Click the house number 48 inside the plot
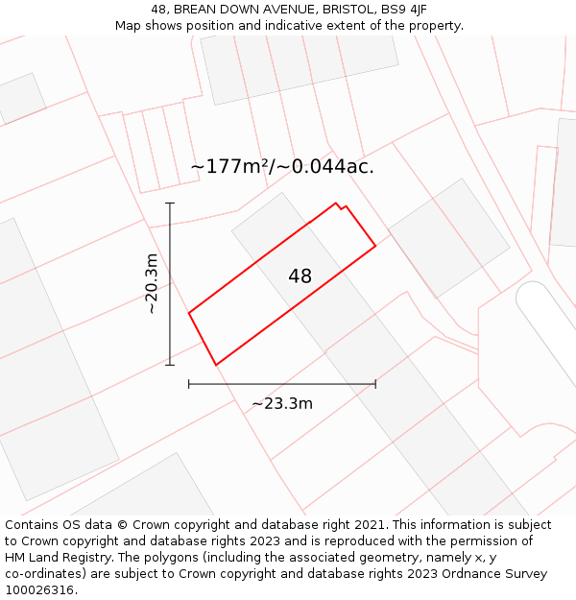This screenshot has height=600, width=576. point(300,276)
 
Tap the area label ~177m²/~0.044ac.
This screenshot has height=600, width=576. point(281,166)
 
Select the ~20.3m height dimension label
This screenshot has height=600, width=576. point(151,283)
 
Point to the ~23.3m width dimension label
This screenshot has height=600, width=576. point(282,403)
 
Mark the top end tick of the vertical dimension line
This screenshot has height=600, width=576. point(170,204)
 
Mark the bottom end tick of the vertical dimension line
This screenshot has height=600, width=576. point(170,365)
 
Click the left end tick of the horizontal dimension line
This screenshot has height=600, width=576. point(189,384)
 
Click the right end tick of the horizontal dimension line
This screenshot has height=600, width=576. point(375,384)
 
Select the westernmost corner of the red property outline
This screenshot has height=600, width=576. point(189,313)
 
